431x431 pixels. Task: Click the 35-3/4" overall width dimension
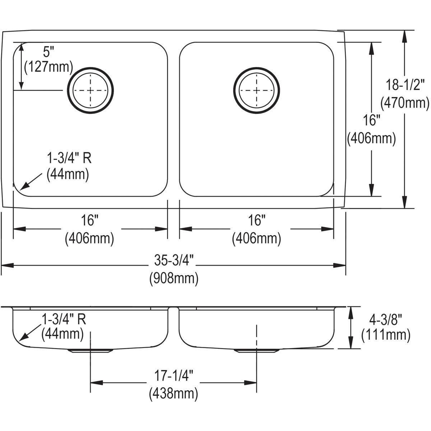click(x=174, y=260)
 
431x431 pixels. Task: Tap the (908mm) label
click(x=174, y=278)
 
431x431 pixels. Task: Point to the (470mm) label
click(x=405, y=103)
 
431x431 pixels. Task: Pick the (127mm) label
click(x=48, y=67)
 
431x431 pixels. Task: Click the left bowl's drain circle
click(x=91, y=91)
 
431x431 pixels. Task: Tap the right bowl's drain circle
click(x=256, y=91)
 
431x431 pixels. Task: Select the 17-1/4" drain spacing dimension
click(x=173, y=376)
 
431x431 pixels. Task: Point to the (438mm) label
click(x=173, y=394)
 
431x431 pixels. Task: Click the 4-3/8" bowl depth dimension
click(x=386, y=320)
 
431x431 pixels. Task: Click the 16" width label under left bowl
click(x=90, y=220)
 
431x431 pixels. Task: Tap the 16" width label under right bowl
click(x=256, y=220)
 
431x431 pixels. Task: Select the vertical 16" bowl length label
click(x=371, y=120)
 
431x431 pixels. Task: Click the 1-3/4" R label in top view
click(x=69, y=158)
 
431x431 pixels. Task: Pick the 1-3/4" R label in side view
click(x=64, y=319)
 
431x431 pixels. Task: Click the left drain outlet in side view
click(x=91, y=351)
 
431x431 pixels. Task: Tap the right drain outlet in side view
click(x=256, y=351)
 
